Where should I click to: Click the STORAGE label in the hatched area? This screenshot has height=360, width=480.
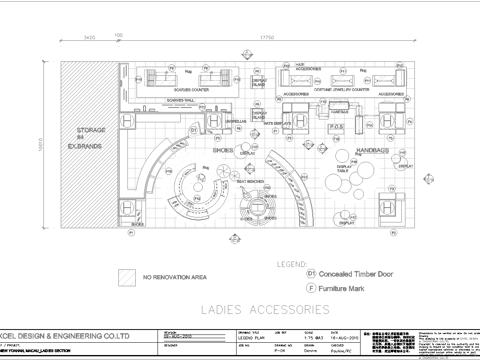(x=92, y=131)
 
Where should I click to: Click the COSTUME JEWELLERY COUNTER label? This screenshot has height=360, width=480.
(x=342, y=89)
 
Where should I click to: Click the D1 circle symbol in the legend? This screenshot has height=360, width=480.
(x=310, y=271)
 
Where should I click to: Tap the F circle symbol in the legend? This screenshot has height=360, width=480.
(x=310, y=287)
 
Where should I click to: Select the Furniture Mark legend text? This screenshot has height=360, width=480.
(x=350, y=287)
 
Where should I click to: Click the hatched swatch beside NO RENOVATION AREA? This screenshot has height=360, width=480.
(x=126, y=275)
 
